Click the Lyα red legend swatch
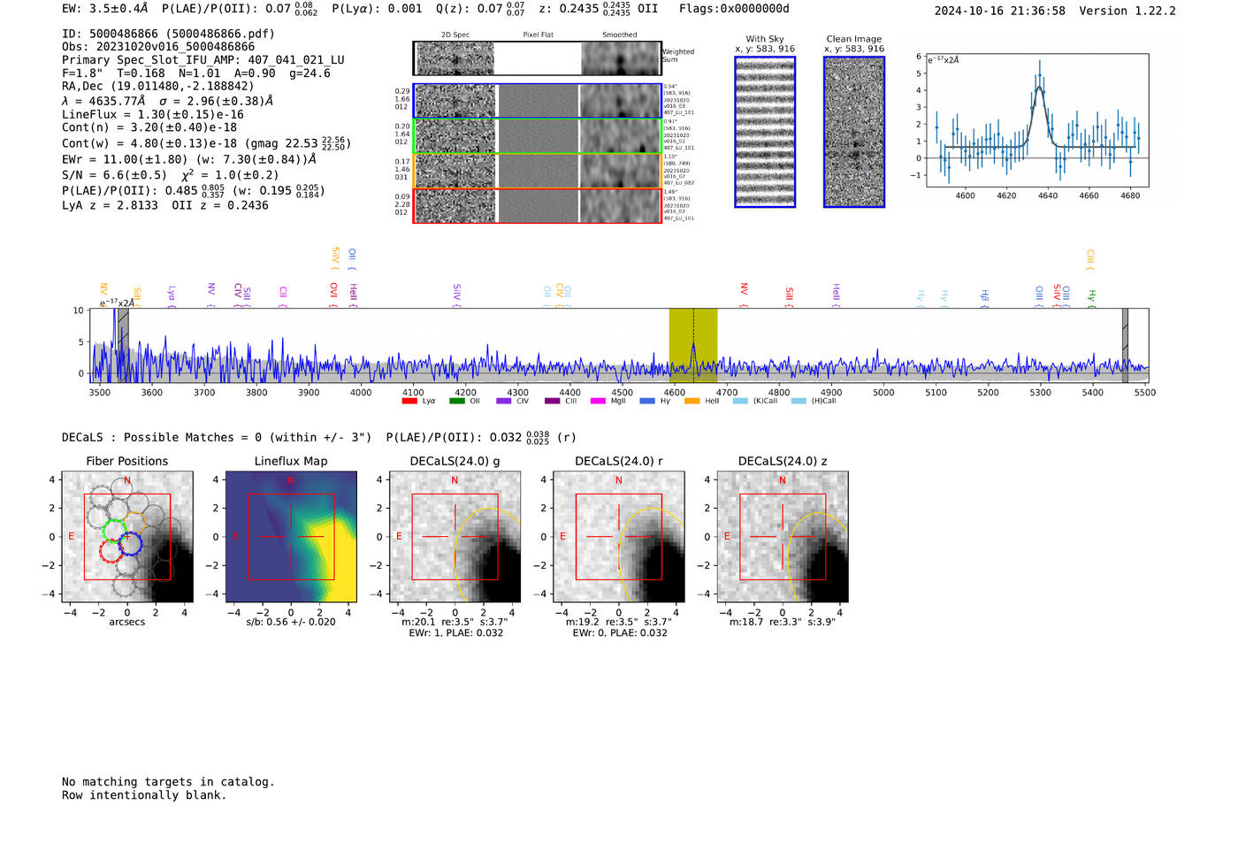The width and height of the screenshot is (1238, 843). click(409, 402)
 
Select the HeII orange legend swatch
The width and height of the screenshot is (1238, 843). click(692, 402)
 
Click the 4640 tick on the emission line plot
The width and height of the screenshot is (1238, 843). click(1048, 195)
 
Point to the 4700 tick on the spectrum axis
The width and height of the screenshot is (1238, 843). click(727, 393)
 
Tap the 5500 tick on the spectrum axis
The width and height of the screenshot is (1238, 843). click(1145, 393)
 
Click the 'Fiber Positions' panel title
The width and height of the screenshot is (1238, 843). click(127, 461)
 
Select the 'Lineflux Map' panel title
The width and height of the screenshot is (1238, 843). click(291, 461)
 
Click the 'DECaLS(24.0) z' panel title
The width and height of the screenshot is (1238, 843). click(783, 461)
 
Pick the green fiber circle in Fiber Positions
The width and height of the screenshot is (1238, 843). click(114, 531)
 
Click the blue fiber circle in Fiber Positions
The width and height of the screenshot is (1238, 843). click(131, 544)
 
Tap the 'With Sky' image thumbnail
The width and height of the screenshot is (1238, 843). click(765, 132)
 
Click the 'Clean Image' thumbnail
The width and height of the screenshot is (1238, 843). click(854, 132)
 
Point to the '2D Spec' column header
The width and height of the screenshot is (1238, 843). click(455, 35)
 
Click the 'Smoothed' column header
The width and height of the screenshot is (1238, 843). click(619, 35)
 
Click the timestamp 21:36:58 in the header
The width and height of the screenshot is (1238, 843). click(1033, 11)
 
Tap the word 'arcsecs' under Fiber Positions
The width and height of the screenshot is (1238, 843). click(127, 622)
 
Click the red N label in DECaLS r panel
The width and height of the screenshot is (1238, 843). click(619, 480)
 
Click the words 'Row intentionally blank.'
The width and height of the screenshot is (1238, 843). click(144, 795)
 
